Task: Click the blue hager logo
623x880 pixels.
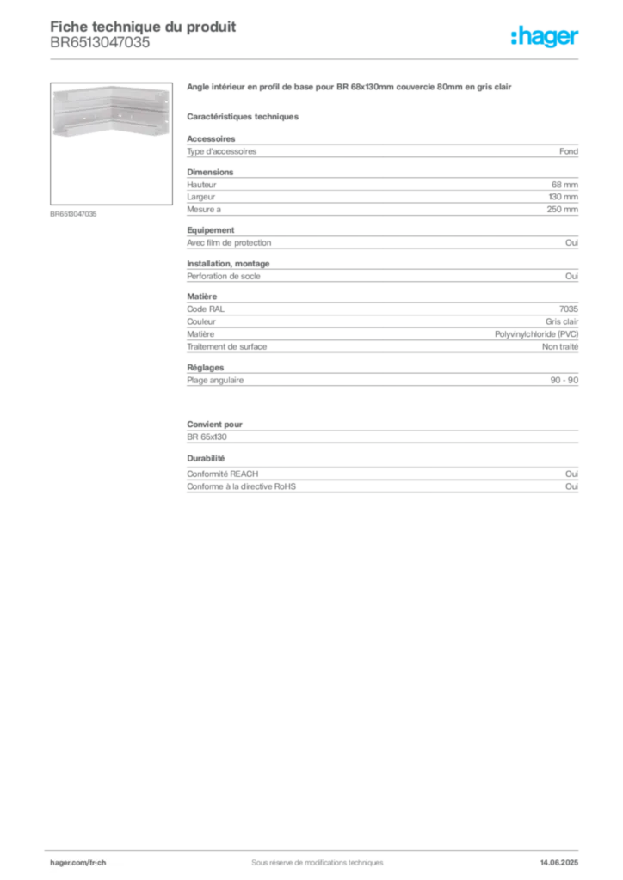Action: [x=547, y=38]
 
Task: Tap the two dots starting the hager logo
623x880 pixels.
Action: [x=514, y=32]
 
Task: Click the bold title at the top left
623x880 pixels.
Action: [x=143, y=26]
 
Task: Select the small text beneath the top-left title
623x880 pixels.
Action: [x=99, y=47]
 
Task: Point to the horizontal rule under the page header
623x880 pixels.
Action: [x=317, y=57]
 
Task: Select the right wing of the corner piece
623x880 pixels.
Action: [x=141, y=110]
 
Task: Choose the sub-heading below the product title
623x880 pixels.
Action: [x=244, y=116]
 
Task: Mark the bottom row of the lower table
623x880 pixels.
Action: [x=381, y=486]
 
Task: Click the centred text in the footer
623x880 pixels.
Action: [x=311, y=857]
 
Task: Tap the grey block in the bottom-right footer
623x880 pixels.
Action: [x=565, y=856]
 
